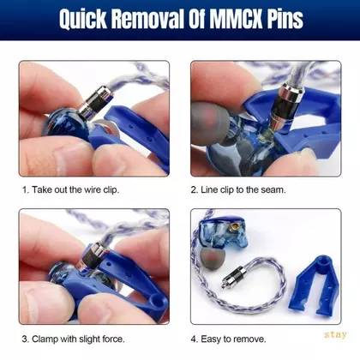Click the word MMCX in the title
236,19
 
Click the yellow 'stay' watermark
335,334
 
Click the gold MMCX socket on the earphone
236,228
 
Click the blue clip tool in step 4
315,286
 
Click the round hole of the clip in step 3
157,301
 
